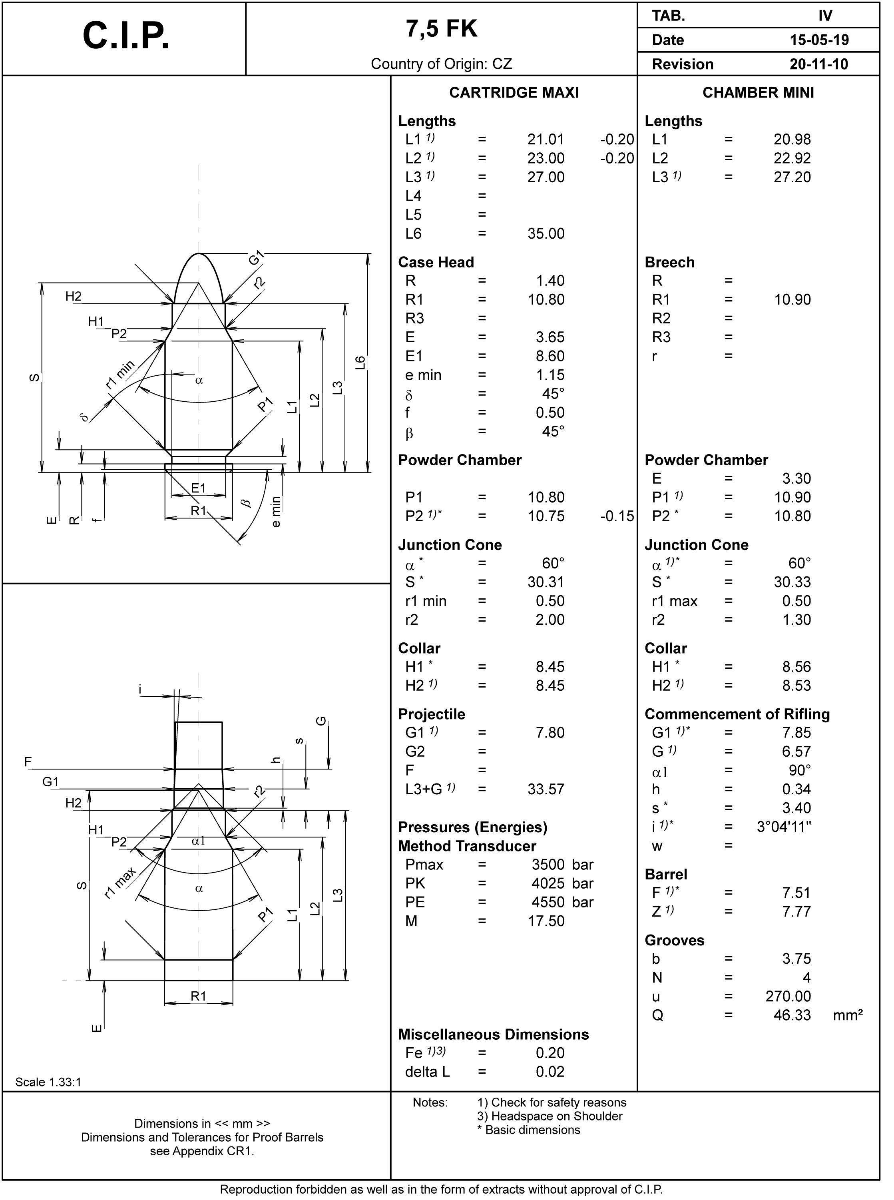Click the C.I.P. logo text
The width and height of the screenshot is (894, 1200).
126,37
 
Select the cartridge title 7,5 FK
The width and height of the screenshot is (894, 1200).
442,29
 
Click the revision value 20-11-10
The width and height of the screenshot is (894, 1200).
819,64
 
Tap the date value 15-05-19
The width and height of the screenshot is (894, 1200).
819,40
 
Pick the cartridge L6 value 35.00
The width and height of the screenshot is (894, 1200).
546,234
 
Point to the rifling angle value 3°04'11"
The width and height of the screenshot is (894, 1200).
784,827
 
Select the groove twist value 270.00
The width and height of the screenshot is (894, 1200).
788,997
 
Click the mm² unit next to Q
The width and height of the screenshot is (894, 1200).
848,1015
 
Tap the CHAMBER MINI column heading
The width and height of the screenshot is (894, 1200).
758,93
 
